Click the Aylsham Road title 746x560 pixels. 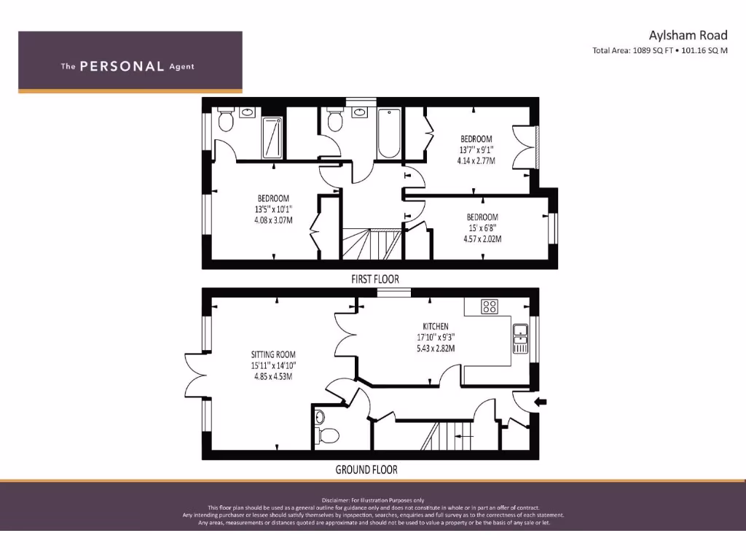pyautogui.click(x=688, y=35)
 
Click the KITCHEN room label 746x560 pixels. pyautogui.click(x=436, y=326)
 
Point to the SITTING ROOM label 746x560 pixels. pyautogui.click(x=275, y=354)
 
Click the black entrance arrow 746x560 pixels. pyautogui.click(x=540, y=401)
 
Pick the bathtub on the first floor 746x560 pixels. pyautogui.click(x=389, y=133)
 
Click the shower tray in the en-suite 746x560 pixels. pyautogui.click(x=272, y=137)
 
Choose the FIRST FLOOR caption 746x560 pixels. pyautogui.click(x=374, y=279)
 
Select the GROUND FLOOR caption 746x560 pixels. pyautogui.click(x=366, y=470)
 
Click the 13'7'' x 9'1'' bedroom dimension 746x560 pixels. pyautogui.click(x=476, y=149)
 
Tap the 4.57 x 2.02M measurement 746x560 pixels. pyautogui.click(x=482, y=238)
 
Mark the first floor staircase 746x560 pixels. pyautogui.click(x=372, y=244)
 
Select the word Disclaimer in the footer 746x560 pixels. pyautogui.click(x=337, y=500)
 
